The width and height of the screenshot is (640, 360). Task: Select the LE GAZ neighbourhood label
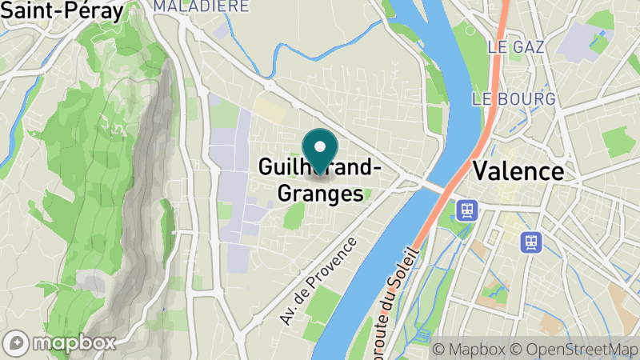[x=516, y=47]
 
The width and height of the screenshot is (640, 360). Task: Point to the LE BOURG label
[x=514, y=99]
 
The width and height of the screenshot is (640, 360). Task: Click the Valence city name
[x=518, y=171]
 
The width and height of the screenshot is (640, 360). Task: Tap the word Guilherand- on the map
[x=319, y=168]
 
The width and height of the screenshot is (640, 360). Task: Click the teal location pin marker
[x=321, y=147]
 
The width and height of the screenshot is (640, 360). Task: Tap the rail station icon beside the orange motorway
[x=466, y=210]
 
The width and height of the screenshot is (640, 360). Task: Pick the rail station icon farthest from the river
[x=530, y=241]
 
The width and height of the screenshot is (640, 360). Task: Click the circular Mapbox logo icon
[x=18, y=342]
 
